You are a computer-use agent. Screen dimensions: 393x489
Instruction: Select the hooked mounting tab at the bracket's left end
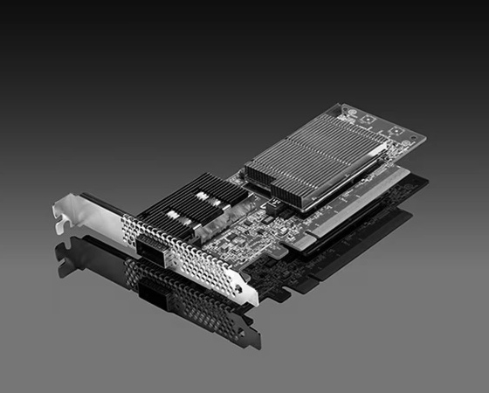point(61,214)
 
